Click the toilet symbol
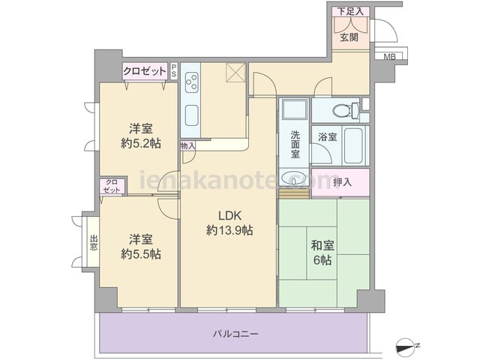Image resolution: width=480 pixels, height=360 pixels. [x=346, y=110]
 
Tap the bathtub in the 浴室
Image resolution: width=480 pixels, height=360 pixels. [x=353, y=146]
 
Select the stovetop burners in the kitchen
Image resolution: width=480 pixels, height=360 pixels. [x=191, y=81]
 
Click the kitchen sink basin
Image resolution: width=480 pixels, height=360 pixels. [x=192, y=115]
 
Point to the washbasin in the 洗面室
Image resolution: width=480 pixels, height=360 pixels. [x=294, y=178]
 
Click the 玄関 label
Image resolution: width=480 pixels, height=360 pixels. [x=349, y=37]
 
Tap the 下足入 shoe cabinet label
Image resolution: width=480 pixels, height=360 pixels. [x=350, y=12]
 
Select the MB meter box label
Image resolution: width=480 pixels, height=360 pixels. [x=389, y=57]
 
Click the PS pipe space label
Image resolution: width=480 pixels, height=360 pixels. [x=174, y=71]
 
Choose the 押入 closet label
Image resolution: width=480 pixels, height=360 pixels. [x=342, y=182]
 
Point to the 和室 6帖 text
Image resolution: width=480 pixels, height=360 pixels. [x=322, y=253]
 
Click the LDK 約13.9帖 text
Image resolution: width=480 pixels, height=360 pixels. [x=229, y=223]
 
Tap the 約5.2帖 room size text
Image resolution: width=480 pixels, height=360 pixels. [x=141, y=143]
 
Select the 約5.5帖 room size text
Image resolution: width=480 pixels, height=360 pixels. [x=141, y=253]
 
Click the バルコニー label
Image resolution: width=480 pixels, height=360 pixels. [x=235, y=333]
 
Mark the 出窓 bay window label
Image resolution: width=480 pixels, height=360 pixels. [x=94, y=243]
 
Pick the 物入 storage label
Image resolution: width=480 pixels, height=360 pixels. [x=187, y=146]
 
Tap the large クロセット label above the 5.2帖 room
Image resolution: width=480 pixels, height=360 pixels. [x=145, y=71]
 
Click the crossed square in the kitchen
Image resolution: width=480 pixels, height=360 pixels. [x=235, y=72]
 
